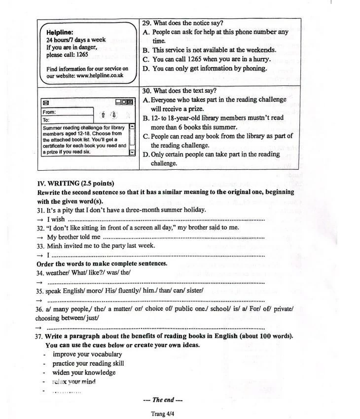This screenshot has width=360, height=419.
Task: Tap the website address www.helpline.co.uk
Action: pos(100,76)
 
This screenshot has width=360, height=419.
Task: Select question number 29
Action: pos(146,23)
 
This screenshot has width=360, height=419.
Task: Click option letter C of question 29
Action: pos(146,59)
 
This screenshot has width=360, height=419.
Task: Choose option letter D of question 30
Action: pos(146,154)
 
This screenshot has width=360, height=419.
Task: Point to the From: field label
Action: pos(49,112)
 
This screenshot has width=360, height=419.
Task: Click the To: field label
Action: pos(46,120)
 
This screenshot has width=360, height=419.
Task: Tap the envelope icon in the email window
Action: pos(46,103)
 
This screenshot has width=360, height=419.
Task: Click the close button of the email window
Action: pos(130,102)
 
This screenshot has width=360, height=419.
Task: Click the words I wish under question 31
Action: pos(56,219)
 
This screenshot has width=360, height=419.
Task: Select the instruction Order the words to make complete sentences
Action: pos(102,263)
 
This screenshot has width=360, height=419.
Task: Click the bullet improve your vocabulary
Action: pos(87,354)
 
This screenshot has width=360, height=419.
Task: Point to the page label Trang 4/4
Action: pos(163,414)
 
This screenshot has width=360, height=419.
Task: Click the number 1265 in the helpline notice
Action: pos(81,55)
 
